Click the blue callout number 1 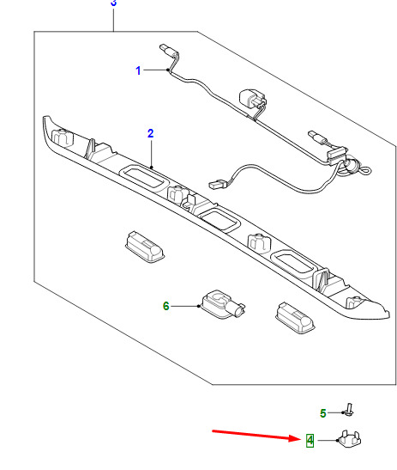click(138, 70)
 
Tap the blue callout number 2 click(151, 133)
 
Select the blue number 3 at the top click(113, 3)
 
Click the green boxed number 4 click(310, 440)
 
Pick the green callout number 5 click(322, 413)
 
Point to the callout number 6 click(166, 306)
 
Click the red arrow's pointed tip click(300, 438)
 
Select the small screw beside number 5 click(349, 410)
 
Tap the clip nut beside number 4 click(350, 439)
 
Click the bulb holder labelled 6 click(222, 303)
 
